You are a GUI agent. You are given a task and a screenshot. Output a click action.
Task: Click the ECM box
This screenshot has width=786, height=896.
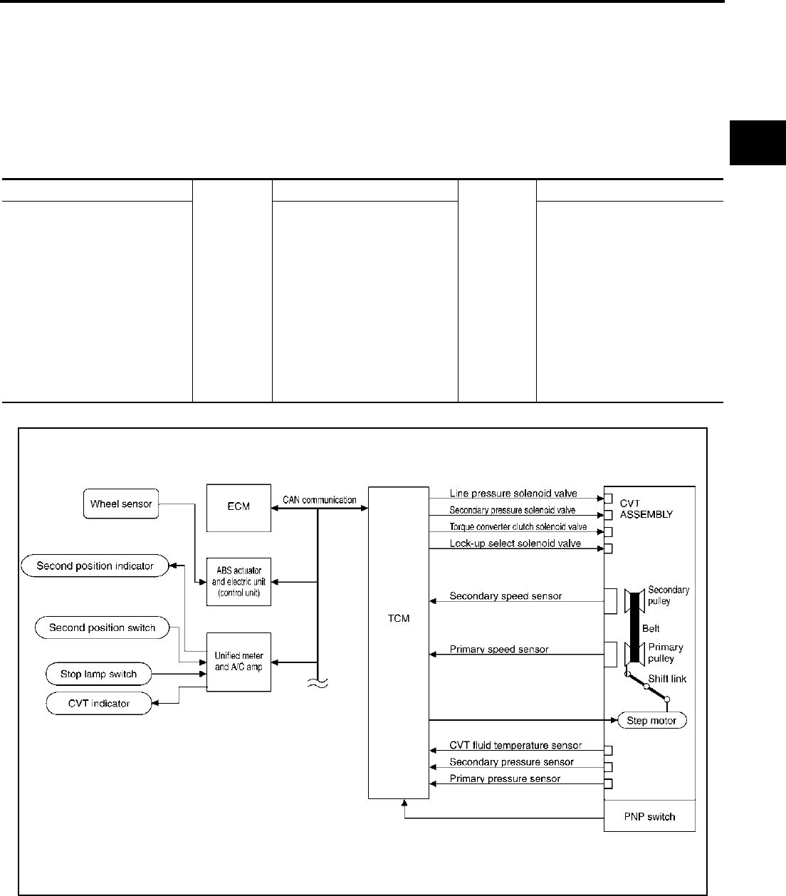coord(239,507)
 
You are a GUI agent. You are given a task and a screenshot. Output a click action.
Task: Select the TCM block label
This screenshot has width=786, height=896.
coord(399,618)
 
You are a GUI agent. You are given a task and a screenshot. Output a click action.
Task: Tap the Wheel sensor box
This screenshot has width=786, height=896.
coord(121,504)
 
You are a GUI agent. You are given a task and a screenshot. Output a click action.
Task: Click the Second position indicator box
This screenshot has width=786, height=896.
coord(95,566)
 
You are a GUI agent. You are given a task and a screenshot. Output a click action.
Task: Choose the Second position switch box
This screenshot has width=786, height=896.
coord(102,628)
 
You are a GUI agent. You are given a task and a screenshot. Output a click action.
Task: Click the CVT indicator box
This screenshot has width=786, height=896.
coord(99,704)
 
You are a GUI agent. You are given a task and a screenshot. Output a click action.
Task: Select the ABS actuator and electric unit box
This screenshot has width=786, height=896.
coord(239,581)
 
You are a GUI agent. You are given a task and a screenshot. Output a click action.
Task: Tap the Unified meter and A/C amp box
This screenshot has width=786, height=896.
coord(239,662)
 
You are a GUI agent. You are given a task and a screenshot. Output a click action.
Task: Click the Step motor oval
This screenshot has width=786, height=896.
coord(651,721)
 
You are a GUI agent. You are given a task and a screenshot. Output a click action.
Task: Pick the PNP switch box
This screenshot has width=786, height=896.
coord(649,816)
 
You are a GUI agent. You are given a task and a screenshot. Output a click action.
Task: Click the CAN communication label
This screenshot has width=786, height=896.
coord(319,500)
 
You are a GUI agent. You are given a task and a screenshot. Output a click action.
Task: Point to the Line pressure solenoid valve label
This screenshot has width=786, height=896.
coord(513,494)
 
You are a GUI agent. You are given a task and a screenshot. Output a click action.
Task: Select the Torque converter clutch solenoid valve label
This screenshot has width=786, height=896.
coord(518,527)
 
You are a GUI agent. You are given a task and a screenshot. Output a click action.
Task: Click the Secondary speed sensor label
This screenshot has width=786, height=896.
coord(505,596)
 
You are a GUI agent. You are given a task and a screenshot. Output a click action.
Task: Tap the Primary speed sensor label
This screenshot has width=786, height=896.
coord(499,650)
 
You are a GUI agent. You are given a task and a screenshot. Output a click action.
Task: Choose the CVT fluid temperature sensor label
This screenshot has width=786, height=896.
coord(515,746)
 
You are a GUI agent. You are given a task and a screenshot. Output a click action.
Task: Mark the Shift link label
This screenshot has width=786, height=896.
coord(667,679)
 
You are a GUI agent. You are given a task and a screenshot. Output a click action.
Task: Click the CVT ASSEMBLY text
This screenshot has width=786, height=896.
coord(645,509)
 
